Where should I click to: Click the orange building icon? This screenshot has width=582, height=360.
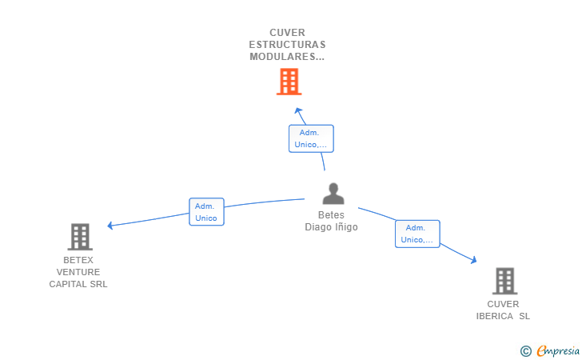click(x=289, y=81)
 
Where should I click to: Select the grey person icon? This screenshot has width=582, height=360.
click(x=333, y=194)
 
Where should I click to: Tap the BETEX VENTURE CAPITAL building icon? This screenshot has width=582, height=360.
click(x=79, y=237)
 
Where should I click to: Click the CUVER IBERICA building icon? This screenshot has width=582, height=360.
click(x=504, y=281)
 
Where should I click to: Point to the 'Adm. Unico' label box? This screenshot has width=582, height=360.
click(x=206, y=212)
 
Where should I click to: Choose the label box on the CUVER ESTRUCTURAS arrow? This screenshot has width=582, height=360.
click(x=310, y=138)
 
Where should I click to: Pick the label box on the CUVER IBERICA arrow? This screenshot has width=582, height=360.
click(x=417, y=234)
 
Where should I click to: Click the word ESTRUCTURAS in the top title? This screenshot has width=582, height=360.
click(x=287, y=45)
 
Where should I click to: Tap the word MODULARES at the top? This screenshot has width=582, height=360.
click(x=284, y=57)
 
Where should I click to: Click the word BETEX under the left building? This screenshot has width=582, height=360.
click(x=78, y=260)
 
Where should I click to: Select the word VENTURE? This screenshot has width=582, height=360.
click(x=78, y=272)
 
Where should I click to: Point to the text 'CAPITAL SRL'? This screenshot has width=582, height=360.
click(x=78, y=284)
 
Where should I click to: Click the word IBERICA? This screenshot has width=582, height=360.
click(x=493, y=316)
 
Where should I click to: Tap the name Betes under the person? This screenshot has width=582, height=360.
click(x=331, y=214)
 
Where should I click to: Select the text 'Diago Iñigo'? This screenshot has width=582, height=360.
click(x=331, y=226)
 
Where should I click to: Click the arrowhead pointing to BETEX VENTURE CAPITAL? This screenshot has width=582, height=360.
click(x=111, y=226)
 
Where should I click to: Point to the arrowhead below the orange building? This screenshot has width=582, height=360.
click(x=298, y=111)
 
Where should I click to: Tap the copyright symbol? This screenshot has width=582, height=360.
click(x=525, y=350)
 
